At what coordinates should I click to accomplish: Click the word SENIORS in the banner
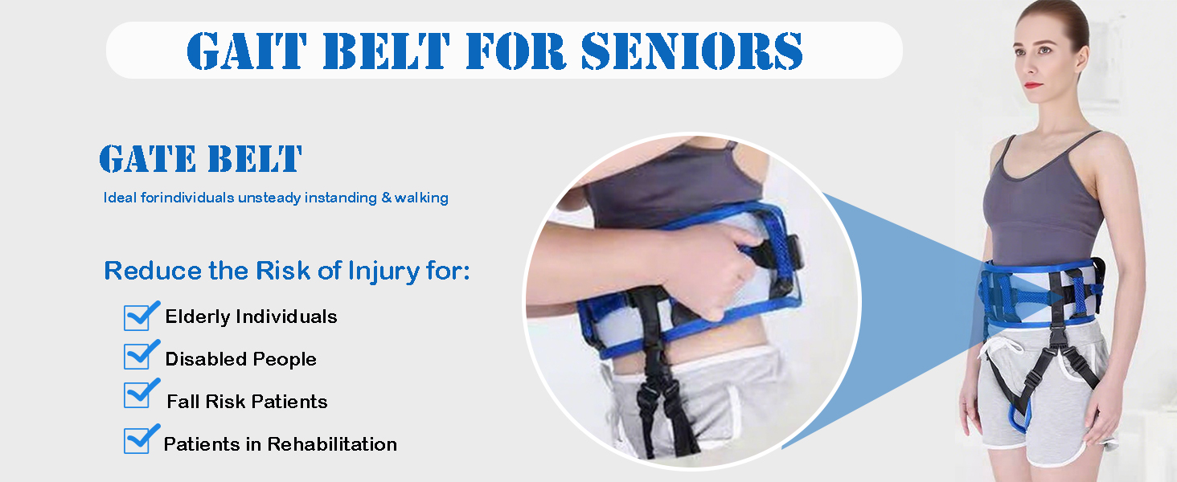click(692, 51)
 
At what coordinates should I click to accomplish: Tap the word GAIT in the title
click(247, 51)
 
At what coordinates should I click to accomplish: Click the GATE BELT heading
click(201, 158)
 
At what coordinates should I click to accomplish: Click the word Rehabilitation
click(332, 444)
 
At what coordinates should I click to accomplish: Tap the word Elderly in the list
click(198, 317)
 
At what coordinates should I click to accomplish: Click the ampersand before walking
click(387, 198)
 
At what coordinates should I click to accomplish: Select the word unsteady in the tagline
click(269, 198)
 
